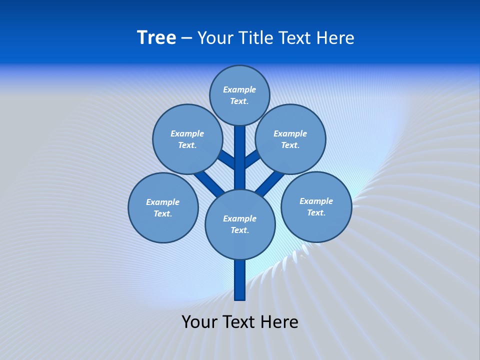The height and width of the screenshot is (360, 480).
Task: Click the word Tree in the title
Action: coord(156,37)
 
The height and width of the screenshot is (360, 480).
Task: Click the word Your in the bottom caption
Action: coord(199,321)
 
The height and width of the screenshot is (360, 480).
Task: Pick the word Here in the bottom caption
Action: coord(279,321)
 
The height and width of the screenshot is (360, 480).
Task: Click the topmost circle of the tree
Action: coord(239,95)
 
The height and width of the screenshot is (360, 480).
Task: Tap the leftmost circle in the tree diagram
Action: coord(163,207)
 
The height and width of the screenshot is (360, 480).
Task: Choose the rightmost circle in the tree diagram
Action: coord(316,206)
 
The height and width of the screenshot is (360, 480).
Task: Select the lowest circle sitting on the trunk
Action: coord(240,224)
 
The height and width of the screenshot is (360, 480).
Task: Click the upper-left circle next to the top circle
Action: coord(187,139)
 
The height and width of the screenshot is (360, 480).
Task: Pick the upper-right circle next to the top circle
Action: coord(290,139)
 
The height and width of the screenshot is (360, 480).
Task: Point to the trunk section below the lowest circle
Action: coord(240,280)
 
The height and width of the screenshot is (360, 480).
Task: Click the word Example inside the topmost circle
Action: coord(239,89)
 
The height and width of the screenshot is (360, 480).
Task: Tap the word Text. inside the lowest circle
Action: coord(239,230)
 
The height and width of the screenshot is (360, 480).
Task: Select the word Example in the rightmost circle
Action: coord(316,201)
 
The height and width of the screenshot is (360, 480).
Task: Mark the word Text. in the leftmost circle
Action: coord(163,213)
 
